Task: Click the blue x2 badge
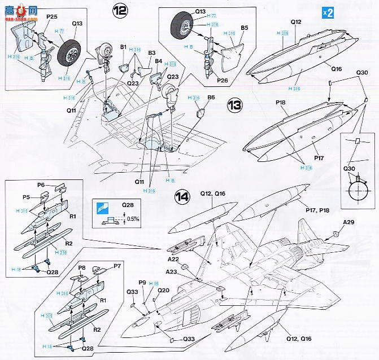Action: point(328,12)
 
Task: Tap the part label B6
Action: point(211,97)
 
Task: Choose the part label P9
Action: point(142,282)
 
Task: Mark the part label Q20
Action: point(163,290)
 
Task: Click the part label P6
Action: point(41,185)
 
